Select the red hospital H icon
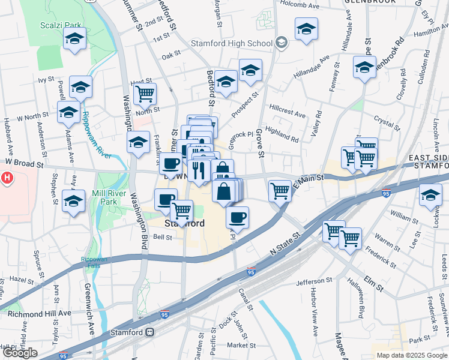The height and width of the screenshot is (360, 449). point(7,178)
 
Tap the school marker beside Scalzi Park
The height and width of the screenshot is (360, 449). point(75,40)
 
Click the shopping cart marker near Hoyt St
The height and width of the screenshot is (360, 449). point(144,94)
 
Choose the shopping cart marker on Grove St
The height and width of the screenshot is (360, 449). point(280,191)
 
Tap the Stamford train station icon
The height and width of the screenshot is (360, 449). point(149,332)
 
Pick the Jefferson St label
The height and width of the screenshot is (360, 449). point(314,281)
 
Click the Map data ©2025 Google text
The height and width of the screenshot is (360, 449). point(411,355)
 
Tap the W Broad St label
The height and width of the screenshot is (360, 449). point(25,163)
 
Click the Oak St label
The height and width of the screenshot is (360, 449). point(171,55)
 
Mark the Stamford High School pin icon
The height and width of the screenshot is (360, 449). point(281,43)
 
